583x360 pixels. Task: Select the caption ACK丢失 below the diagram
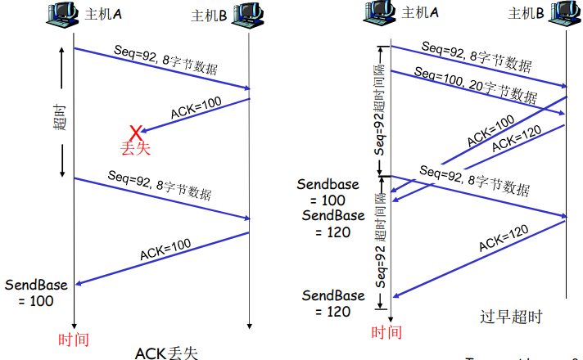(x=166, y=352)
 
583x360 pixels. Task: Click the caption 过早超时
(x=511, y=316)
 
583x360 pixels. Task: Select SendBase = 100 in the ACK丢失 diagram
(x=33, y=293)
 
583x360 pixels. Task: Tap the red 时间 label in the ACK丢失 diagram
(x=74, y=338)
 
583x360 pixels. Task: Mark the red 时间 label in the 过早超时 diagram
(x=386, y=331)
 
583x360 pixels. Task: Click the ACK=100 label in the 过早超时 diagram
(x=490, y=130)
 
